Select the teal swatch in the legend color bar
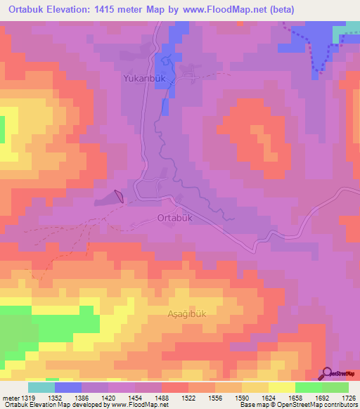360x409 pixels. coord(41,387)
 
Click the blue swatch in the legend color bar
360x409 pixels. coord(68,387)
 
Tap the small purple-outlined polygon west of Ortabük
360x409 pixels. coord(119,196)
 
